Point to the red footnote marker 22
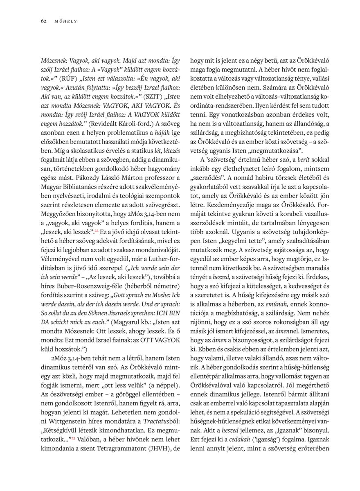point(97,231)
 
